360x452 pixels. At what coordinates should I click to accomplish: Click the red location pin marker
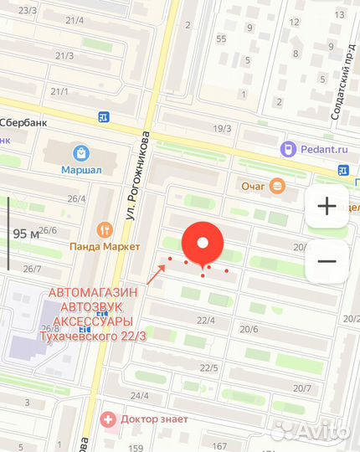point(203,244)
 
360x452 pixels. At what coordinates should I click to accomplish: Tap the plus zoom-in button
point(327,206)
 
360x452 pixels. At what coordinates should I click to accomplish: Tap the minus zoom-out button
point(327,261)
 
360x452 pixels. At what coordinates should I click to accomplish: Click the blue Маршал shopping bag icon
point(81,153)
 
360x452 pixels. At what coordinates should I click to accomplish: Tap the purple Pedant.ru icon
point(287,148)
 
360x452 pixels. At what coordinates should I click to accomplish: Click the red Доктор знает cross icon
point(106,419)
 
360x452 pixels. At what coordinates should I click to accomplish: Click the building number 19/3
point(222,128)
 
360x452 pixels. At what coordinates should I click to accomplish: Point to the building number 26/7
point(33,269)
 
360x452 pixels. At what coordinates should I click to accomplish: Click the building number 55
point(221,39)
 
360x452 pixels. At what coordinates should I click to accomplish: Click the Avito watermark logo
point(311,430)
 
